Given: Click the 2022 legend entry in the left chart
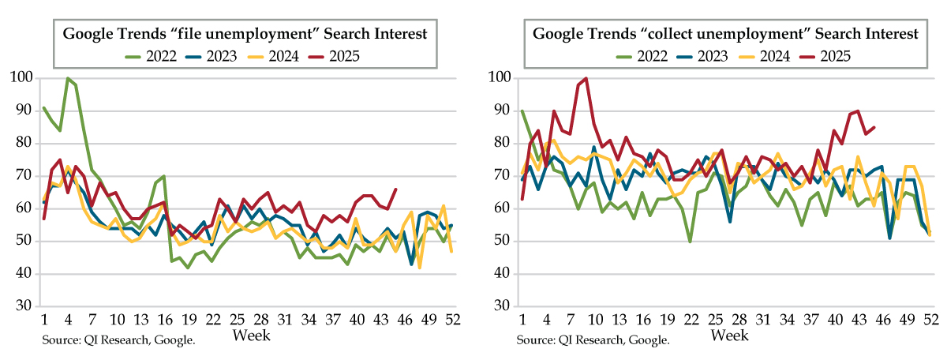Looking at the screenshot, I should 155,56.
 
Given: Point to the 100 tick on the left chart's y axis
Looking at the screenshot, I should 21,78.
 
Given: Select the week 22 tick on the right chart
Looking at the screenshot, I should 691,321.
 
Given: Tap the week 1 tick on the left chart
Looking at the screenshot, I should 44,321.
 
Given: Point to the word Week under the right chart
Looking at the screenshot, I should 729,336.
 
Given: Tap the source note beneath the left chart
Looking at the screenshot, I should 118,339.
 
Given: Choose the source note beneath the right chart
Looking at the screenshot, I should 593,339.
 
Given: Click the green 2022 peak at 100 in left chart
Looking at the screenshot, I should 68,78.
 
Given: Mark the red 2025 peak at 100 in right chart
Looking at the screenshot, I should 586,78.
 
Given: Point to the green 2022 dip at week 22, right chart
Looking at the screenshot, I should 691,242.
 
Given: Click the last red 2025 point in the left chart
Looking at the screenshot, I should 395,189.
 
